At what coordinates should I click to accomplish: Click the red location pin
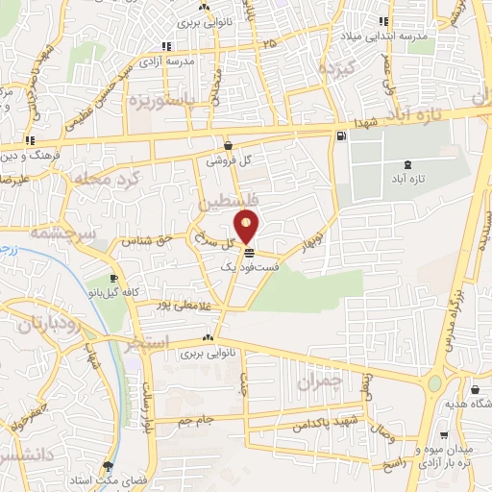pos(248,227)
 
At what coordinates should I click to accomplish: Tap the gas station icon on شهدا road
pos(340,135)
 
